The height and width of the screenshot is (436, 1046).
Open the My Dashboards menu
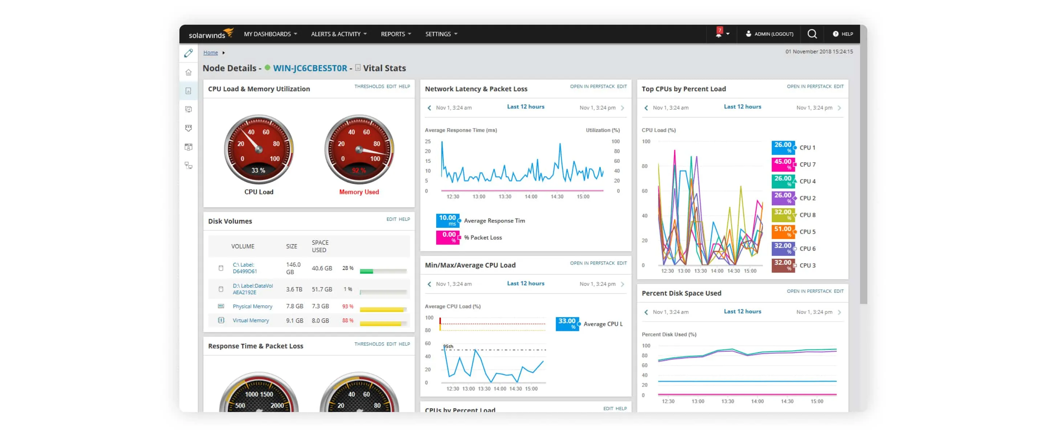pos(270,34)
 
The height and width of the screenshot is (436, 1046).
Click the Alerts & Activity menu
pos(338,34)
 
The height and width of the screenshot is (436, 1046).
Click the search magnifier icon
pos(812,34)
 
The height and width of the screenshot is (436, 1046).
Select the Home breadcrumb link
pos(210,52)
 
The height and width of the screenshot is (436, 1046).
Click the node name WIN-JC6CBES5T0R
pos(310,68)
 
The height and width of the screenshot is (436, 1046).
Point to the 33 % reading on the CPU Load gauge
pos(258,170)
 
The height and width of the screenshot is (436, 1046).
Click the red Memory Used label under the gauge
pos(359,192)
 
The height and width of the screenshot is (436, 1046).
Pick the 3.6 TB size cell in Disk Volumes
pos(294,289)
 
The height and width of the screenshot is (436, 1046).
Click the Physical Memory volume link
pos(252,306)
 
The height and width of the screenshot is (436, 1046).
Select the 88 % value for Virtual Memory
pos(348,320)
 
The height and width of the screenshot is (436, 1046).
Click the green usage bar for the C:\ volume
pos(366,271)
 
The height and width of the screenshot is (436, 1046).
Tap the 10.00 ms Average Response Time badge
pos(447,220)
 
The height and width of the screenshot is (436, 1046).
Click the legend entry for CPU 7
pos(807,165)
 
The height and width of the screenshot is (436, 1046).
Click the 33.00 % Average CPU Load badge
pos(567,324)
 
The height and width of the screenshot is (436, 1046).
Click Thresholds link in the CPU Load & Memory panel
pos(369,86)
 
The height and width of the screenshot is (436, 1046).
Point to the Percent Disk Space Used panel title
pos(681,293)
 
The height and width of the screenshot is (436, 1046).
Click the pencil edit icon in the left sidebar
pos(188,53)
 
